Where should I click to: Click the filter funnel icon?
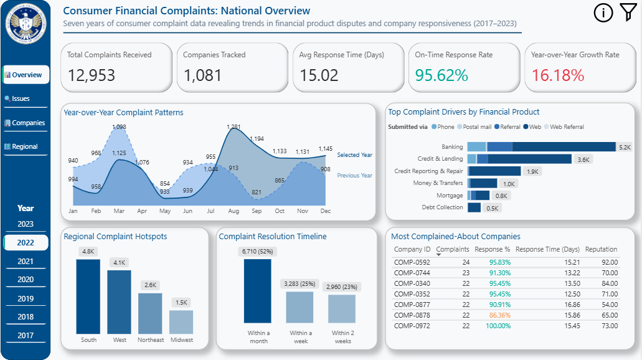point(628,12)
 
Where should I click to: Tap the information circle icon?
point(603,12)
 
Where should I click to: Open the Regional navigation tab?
point(25,146)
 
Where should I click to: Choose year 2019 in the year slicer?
point(26,298)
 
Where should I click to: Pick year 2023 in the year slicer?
point(26,224)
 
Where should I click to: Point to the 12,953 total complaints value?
point(92,75)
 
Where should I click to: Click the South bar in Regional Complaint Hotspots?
point(88,296)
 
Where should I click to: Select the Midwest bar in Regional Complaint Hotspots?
point(181,321)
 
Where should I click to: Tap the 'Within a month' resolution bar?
point(257,291)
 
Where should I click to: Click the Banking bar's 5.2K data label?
point(625,147)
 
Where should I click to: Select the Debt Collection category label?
point(442,207)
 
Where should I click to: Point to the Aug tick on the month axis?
point(234,211)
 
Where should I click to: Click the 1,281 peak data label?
point(234,127)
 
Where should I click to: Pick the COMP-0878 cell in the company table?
point(412,316)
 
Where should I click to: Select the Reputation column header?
point(601,249)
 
